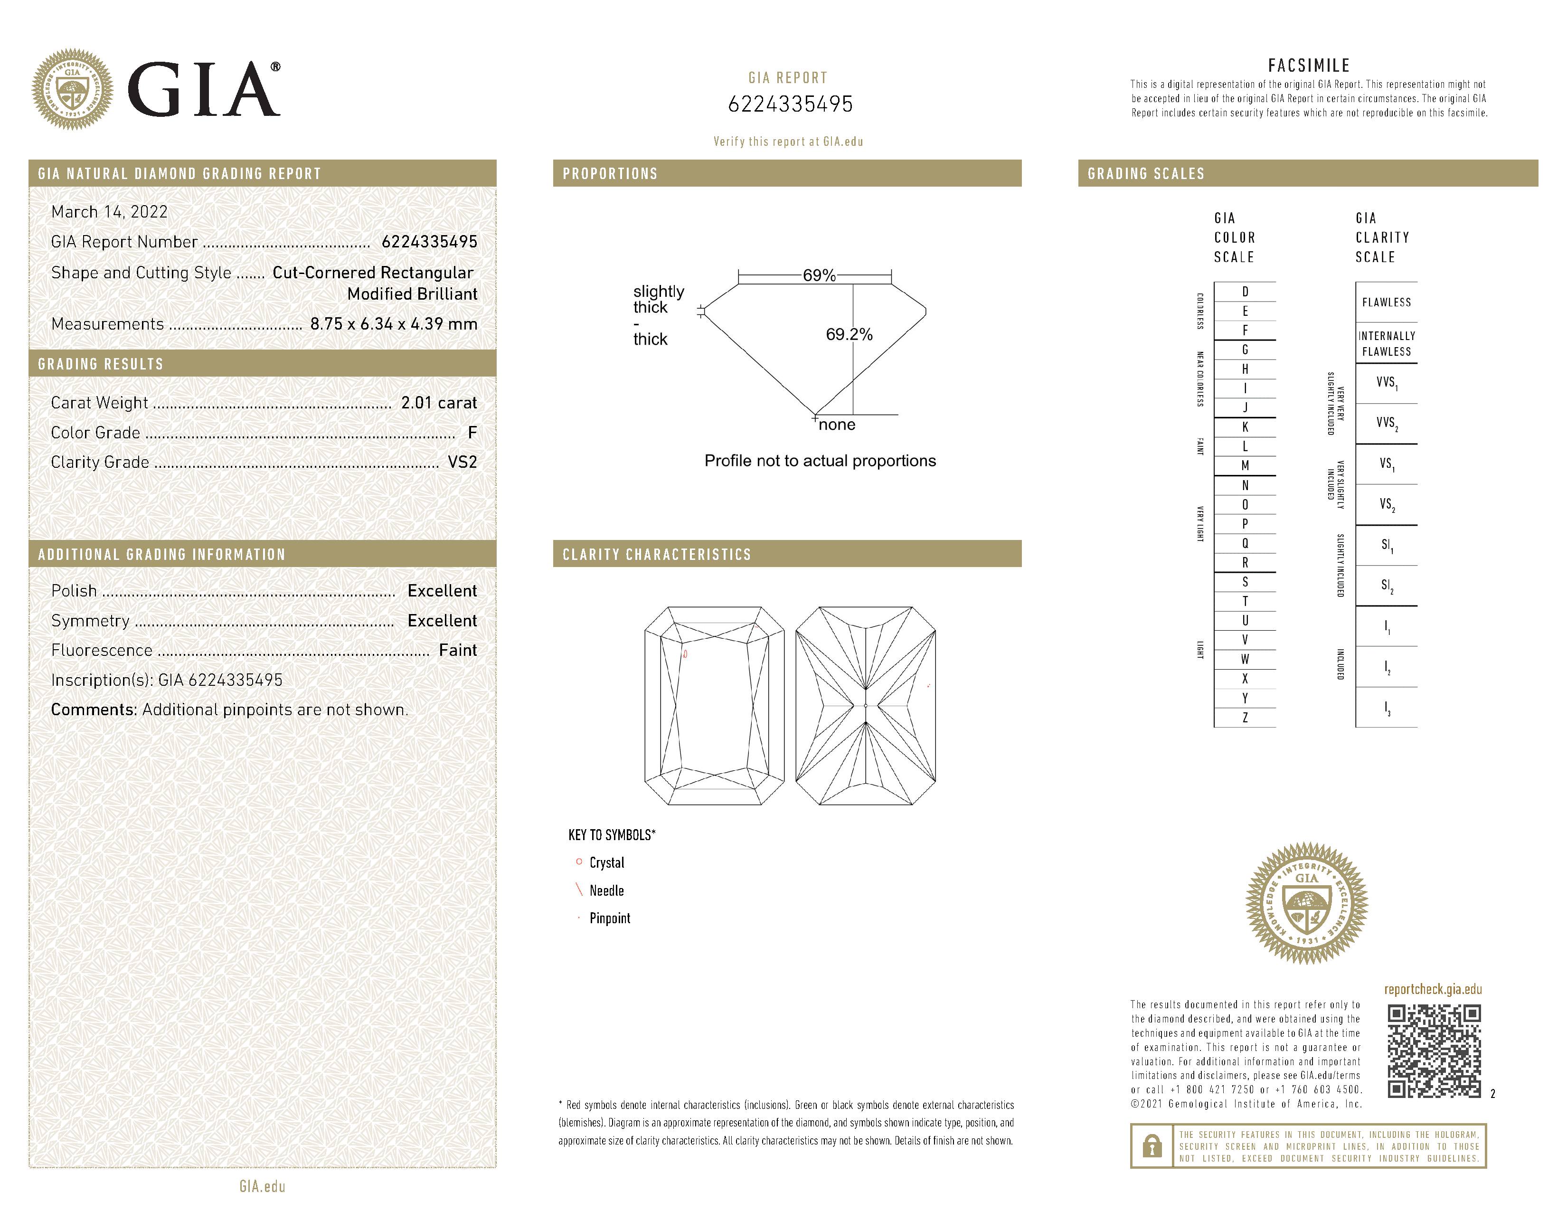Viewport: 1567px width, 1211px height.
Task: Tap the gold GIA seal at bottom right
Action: pyautogui.click(x=1306, y=902)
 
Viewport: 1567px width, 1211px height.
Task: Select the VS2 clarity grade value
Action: pyautogui.click(x=462, y=462)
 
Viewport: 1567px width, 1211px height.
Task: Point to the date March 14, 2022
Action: pyautogui.click(x=109, y=212)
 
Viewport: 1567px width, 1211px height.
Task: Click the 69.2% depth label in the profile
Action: pyautogui.click(x=849, y=334)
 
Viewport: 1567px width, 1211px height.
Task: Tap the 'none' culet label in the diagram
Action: pyautogui.click(x=837, y=425)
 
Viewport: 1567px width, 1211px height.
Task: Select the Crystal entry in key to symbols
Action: pyautogui.click(x=606, y=862)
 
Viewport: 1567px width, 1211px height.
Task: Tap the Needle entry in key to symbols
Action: pyautogui.click(x=606, y=890)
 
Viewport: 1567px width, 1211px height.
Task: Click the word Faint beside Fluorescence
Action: pyautogui.click(x=458, y=650)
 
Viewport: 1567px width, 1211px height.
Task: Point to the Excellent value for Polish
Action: pyautogui.click(x=442, y=590)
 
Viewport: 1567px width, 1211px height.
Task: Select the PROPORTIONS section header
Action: pyautogui.click(x=610, y=174)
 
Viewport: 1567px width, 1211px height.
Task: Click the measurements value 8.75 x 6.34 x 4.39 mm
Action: pyautogui.click(x=393, y=323)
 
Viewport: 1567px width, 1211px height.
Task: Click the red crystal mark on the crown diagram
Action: pyautogui.click(x=685, y=653)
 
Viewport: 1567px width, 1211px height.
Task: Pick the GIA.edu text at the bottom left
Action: pyautogui.click(x=263, y=1186)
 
